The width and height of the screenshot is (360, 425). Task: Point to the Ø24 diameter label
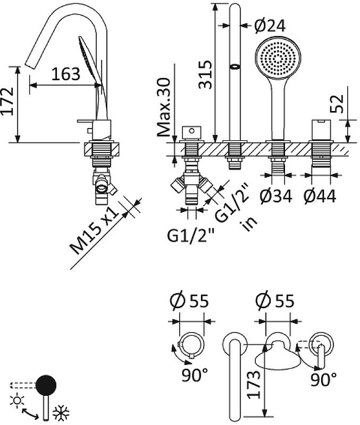tap(269, 25)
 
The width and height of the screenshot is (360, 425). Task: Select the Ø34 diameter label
tap(277, 197)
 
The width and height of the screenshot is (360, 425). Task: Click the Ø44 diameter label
tap(320, 197)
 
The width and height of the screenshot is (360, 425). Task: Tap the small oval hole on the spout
tap(235, 67)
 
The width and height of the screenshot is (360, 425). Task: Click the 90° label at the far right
tap(324, 379)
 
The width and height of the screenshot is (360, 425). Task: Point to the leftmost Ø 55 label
tap(189, 301)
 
